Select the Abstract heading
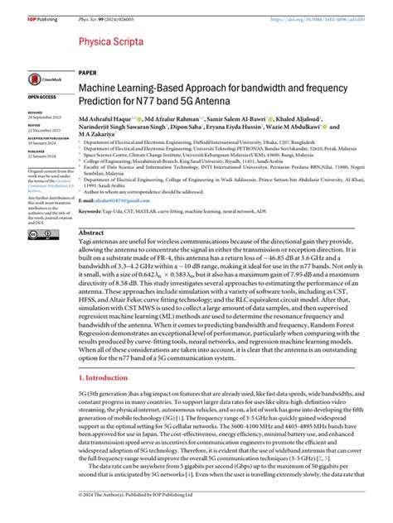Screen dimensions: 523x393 click(91, 233)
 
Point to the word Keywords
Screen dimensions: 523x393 click(92, 213)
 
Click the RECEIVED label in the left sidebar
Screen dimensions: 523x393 click(36, 110)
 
